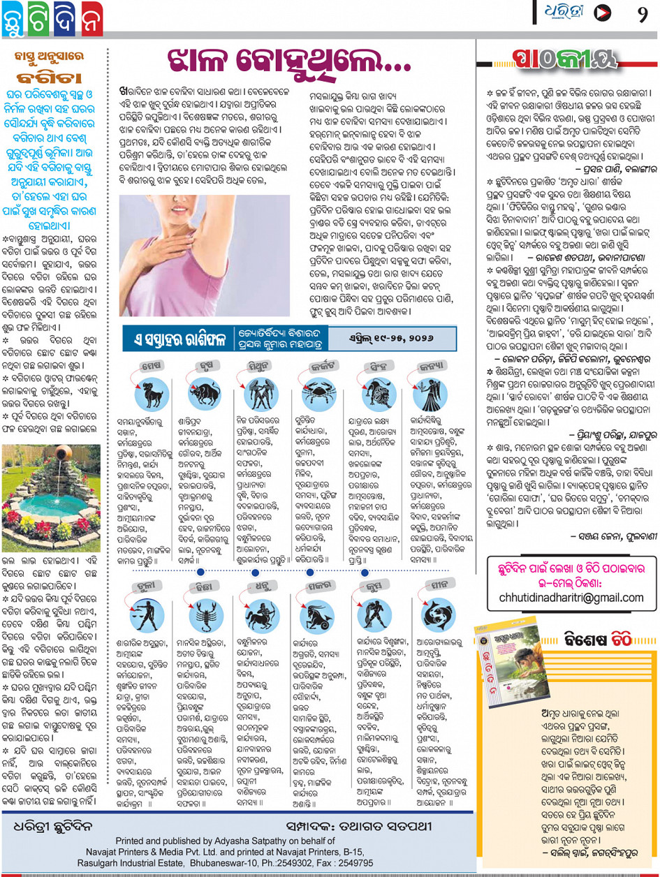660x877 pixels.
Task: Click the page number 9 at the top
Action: coord(642,13)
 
